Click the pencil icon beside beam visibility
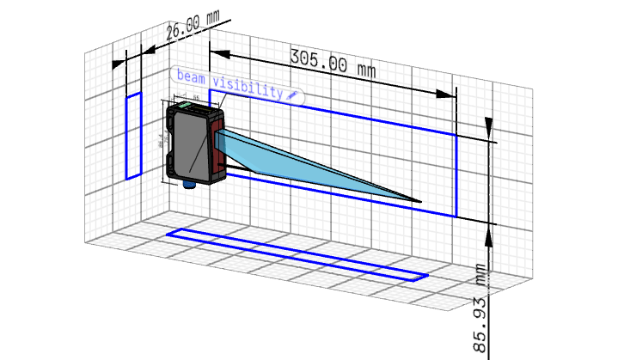pos(293,92)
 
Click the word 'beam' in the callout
pos(193,76)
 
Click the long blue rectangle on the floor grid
pos(297,254)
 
